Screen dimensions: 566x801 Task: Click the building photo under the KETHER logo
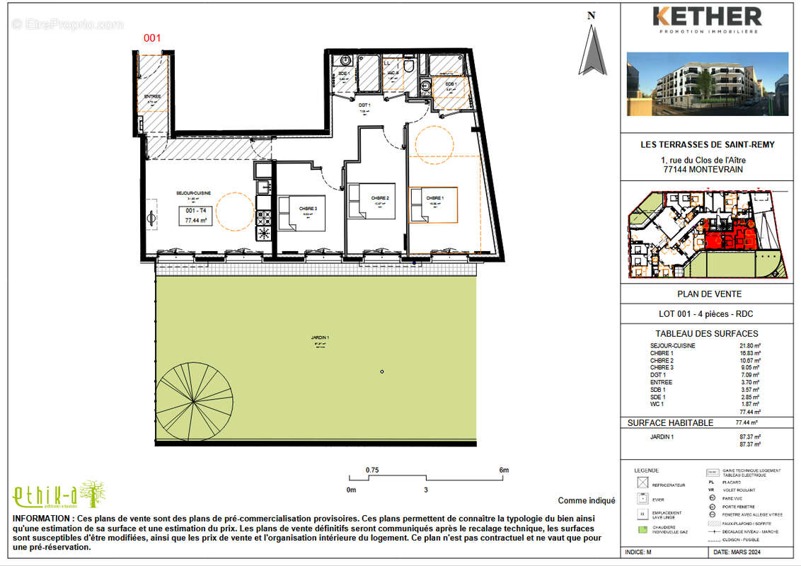click(x=707, y=83)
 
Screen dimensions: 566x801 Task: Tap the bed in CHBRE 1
click(x=433, y=205)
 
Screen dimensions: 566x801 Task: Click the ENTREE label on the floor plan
click(x=152, y=97)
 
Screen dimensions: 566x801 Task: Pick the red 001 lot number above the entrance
click(x=154, y=38)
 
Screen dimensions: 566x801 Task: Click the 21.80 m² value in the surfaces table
click(x=750, y=346)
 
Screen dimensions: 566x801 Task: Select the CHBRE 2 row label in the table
click(x=661, y=360)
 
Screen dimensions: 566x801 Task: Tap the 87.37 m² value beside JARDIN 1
click(x=750, y=437)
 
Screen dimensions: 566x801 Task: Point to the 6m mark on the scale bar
click(x=504, y=470)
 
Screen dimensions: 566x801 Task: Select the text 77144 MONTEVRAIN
click(x=707, y=170)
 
